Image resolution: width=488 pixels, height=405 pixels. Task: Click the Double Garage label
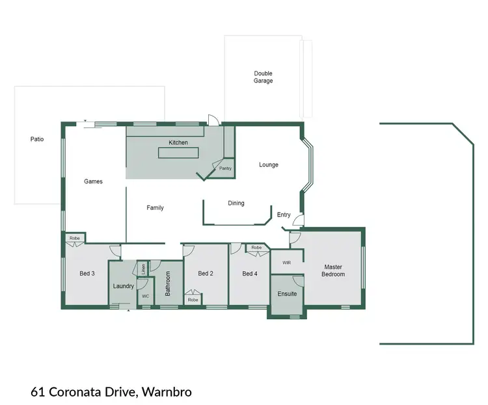click(x=263, y=77)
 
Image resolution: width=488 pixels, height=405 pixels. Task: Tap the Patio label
click(x=37, y=139)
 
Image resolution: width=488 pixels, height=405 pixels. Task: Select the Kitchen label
click(x=178, y=142)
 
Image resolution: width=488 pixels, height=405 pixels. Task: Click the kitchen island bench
click(x=178, y=153)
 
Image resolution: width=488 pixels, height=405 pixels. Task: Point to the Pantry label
click(x=225, y=168)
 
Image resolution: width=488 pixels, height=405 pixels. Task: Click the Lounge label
click(x=269, y=165)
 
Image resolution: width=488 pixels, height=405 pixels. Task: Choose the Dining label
click(x=236, y=203)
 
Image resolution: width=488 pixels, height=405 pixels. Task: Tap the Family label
click(x=155, y=208)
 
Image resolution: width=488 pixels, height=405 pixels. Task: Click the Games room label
click(x=94, y=181)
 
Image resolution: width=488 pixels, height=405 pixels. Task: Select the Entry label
click(x=284, y=215)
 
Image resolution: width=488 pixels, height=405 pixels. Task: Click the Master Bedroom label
click(x=333, y=270)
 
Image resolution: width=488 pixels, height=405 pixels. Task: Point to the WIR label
click(x=286, y=263)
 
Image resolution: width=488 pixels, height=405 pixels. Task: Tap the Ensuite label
click(x=287, y=294)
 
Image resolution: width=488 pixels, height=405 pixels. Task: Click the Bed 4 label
click(x=250, y=274)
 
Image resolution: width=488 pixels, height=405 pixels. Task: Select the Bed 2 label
click(x=206, y=274)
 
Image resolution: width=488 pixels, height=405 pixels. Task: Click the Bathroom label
click(x=168, y=284)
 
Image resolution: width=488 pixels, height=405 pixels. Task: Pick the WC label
click(x=145, y=296)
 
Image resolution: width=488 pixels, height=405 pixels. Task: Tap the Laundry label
click(x=123, y=286)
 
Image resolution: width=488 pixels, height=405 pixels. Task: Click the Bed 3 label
click(x=87, y=274)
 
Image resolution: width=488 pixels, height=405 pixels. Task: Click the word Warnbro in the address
click(x=167, y=392)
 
